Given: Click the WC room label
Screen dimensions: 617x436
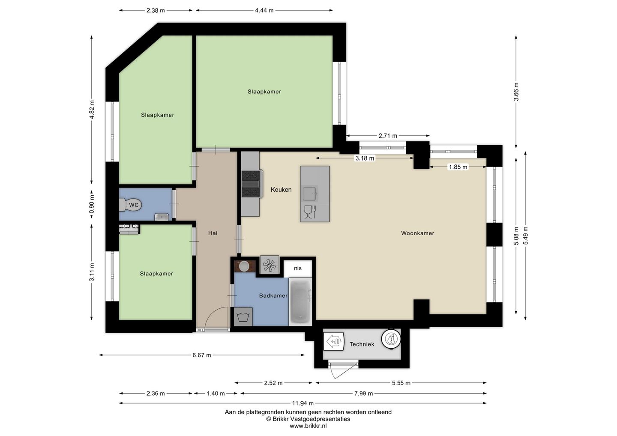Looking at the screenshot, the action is click(x=134, y=205).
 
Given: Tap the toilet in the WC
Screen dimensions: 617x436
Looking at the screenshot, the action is click(x=130, y=205).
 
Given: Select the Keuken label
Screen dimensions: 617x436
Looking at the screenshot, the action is click(x=281, y=190).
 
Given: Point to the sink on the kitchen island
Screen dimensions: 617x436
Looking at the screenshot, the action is click(x=310, y=194).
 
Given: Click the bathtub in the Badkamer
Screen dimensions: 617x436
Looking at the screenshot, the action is click(x=300, y=302).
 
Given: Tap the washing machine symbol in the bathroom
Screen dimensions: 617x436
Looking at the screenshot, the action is click(x=243, y=317).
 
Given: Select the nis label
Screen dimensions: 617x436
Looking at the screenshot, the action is click(x=298, y=269).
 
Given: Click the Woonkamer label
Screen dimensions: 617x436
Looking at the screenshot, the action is click(x=418, y=233).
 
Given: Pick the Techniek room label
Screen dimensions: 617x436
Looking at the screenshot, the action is click(x=362, y=344).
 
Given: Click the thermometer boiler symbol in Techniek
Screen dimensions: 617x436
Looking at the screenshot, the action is click(x=391, y=339).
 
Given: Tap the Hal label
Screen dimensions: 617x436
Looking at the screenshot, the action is click(x=213, y=233).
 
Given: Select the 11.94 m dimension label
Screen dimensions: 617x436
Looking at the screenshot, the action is click(x=303, y=403).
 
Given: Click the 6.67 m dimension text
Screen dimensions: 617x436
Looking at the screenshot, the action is click(x=202, y=355).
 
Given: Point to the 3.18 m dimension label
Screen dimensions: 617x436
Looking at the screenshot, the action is click(x=365, y=158).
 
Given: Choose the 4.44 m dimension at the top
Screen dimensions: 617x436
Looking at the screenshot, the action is click(x=264, y=10).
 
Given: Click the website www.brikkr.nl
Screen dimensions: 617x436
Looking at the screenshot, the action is click(x=308, y=426).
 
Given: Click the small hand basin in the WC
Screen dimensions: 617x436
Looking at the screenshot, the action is click(x=162, y=217).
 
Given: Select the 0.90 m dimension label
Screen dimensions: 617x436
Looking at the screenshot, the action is click(x=92, y=204).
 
